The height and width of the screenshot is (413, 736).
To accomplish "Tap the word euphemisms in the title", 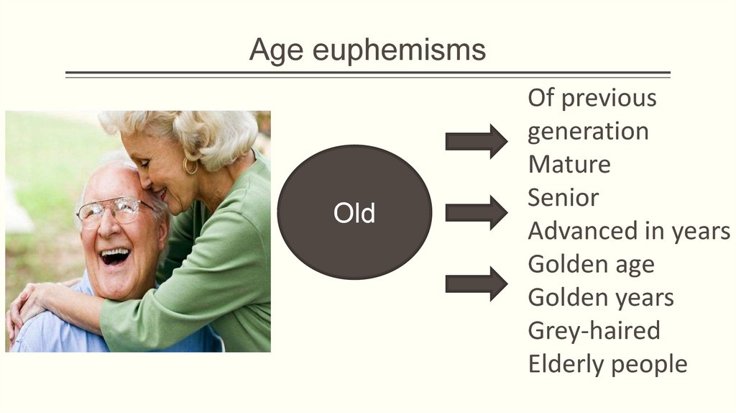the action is coord(399,49).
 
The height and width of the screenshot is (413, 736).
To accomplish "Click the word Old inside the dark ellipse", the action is coord(354,213).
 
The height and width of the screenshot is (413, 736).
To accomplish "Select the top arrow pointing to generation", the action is coord(476,142).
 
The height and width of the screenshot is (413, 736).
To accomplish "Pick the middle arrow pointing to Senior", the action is coord(476,213).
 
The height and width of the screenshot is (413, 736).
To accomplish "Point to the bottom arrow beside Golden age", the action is coord(476,283).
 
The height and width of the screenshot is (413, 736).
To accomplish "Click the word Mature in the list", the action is coord(569,165).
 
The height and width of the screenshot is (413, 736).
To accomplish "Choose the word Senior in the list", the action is coord(563,198).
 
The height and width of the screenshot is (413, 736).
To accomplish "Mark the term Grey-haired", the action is coord(594,331).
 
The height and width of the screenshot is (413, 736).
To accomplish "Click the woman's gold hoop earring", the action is coord(190,166).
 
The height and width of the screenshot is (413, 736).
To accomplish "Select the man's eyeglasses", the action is coord(116,211).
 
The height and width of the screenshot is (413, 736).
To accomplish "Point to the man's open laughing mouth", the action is coord(115,257).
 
